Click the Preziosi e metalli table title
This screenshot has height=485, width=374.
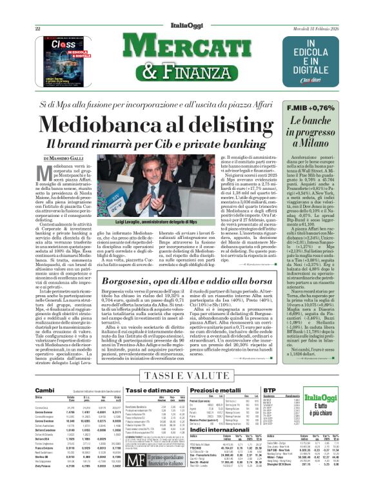tap(203, 390)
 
